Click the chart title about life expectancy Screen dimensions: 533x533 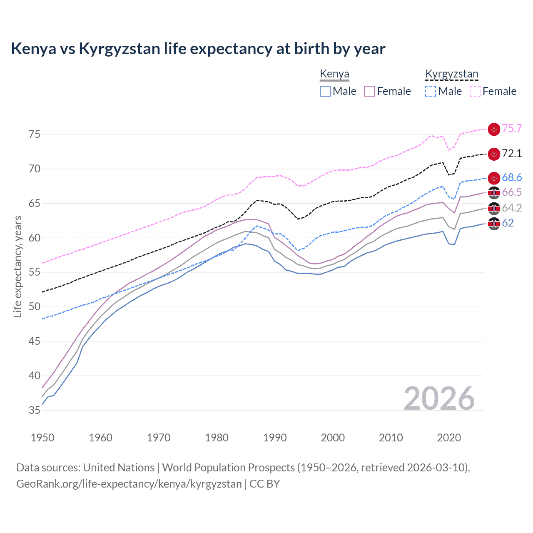click(x=198, y=49)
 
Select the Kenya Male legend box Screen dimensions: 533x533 click(x=325, y=91)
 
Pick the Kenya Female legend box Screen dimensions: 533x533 click(x=369, y=91)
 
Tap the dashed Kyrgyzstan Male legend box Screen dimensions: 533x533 click(x=431, y=91)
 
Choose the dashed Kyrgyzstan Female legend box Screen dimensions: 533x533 click(x=475, y=91)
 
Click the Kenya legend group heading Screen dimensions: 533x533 click(x=334, y=74)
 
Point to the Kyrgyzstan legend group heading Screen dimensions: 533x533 click(x=451, y=74)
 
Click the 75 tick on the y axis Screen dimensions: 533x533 click(x=35, y=134)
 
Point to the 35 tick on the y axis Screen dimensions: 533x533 click(x=35, y=410)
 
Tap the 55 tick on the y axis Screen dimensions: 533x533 click(x=35, y=272)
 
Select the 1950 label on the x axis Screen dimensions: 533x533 click(x=42, y=438)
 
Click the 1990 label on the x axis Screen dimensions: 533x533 click(x=275, y=438)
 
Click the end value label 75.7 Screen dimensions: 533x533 click(x=512, y=129)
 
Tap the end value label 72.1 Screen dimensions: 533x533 click(x=512, y=154)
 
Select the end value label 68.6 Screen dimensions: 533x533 click(x=512, y=178)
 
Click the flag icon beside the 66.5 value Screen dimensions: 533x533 click(x=494, y=192)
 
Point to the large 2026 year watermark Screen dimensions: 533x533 click(x=439, y=399)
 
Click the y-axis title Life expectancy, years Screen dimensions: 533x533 click(x=18, y=266)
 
